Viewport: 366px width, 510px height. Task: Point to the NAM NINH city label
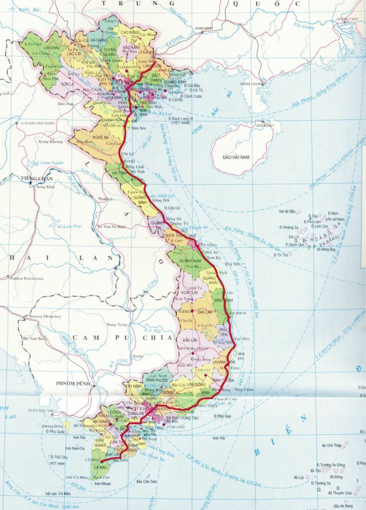204,28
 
